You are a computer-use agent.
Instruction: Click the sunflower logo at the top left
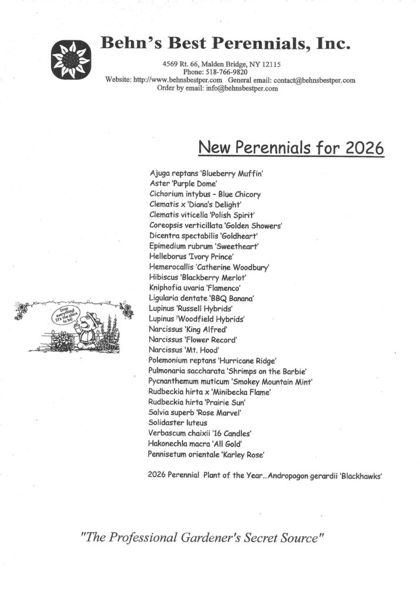tap(70, 58)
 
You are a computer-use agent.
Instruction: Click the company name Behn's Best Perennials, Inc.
tap(226, 43)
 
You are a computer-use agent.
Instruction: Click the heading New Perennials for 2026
tap(291, 147)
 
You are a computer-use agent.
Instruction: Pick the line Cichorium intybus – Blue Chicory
tap(205, 194)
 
